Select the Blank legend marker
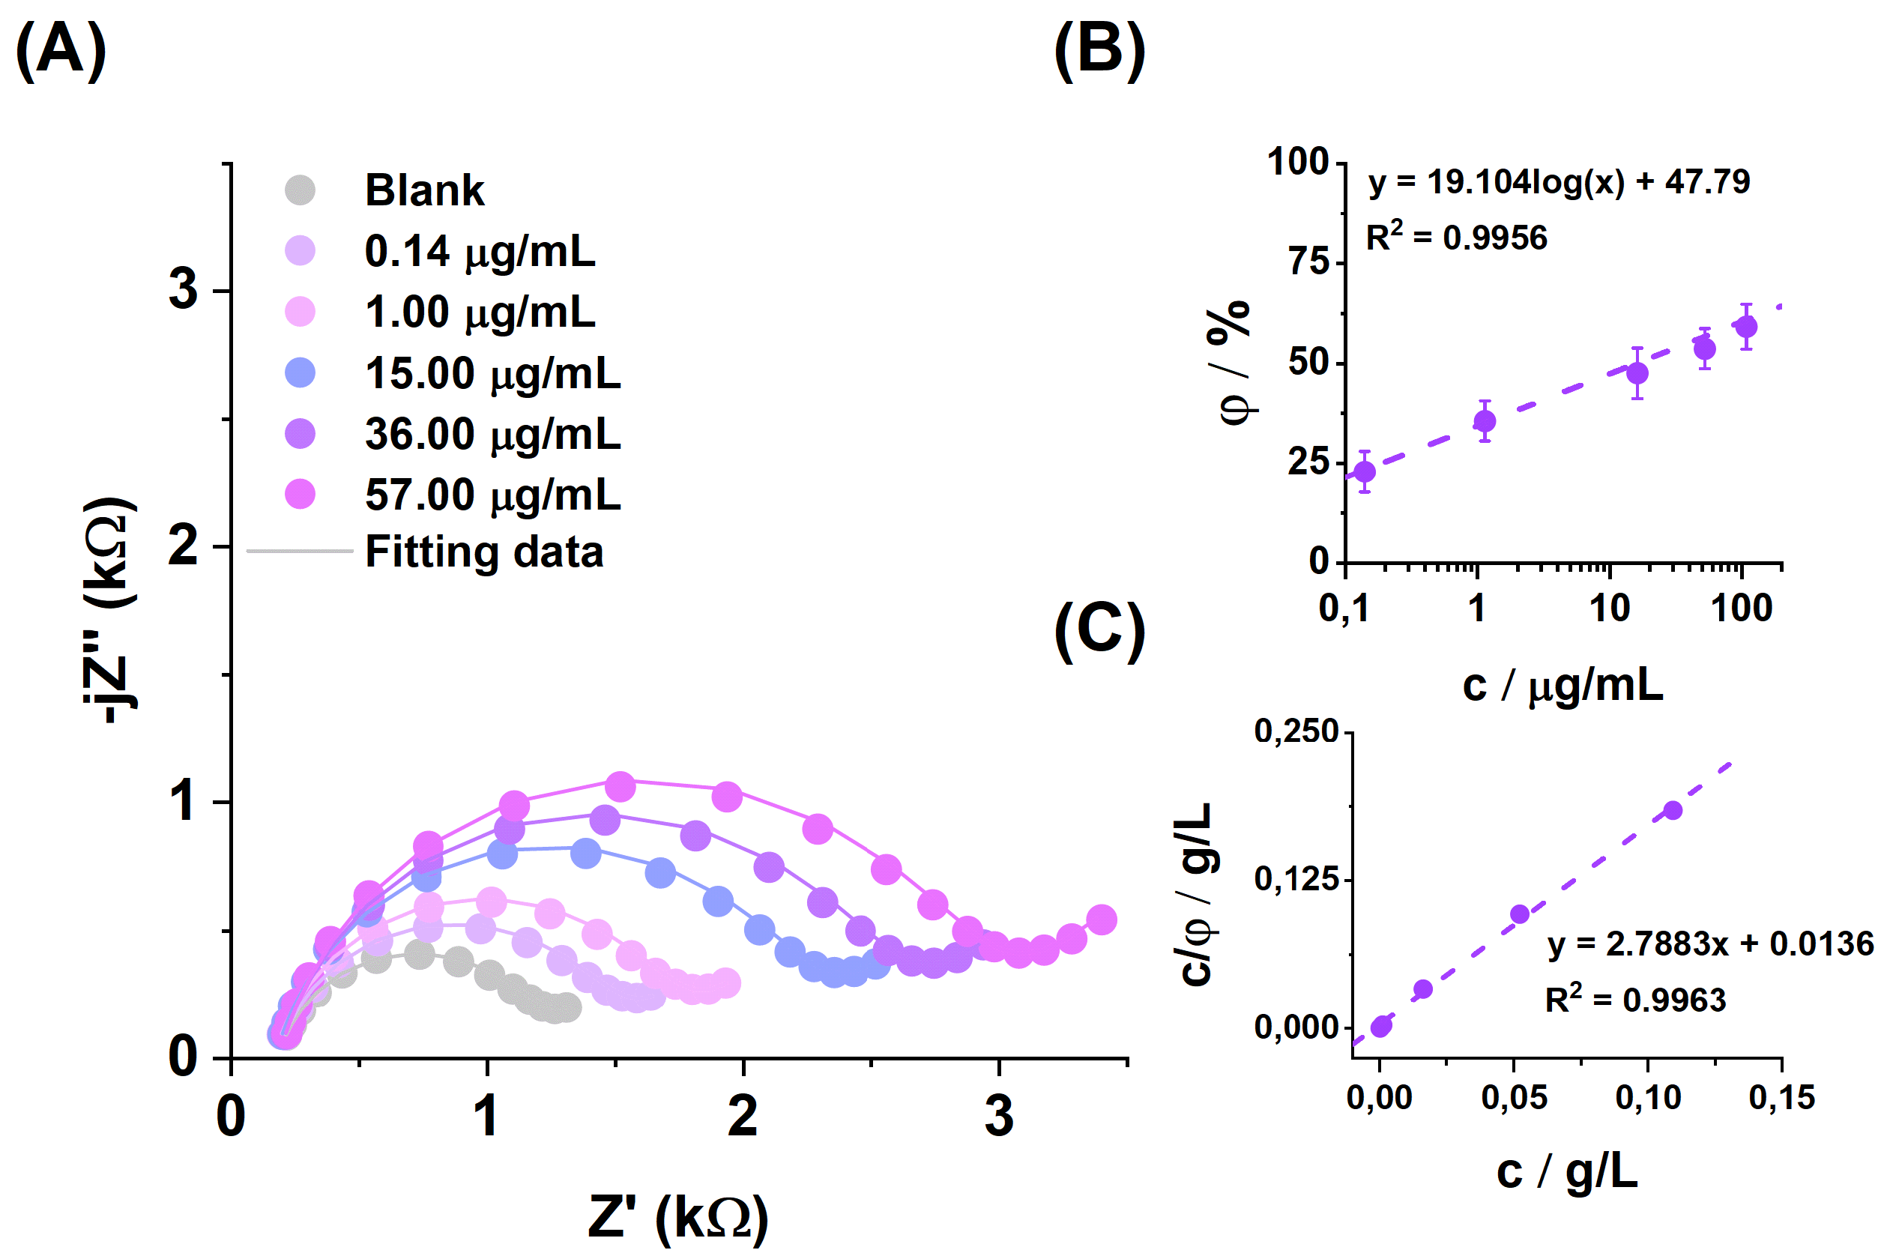pyautogui.click(x=301, y=190)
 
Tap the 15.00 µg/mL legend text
pyautogui.click(x=492, y=373)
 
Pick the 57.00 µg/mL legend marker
pyautogui.click(x=301, y=494)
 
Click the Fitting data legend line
pyautogui.click(x=300, y=551)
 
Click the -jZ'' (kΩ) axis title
pyautogui.click(x=111, y=610)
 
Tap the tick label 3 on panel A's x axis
pyautogui.click(x=998, y=1116)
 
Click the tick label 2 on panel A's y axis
pyautogui.click(x=183, y=546)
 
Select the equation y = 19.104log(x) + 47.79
pyautogui.click(x=1559, y=182)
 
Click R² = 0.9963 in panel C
pyautogui.click(x=1635, y=1000)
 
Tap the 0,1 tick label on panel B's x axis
pyautogui.click(x=1344, y=609)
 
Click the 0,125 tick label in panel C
pyautogui.click(x=1296, y=879)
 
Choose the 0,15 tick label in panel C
pyautogui.click(x=1782, y=1097)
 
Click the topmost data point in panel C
pyautogui.click(x=1673, y=810)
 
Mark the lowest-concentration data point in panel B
pyautogui.click(x=1364, y=471)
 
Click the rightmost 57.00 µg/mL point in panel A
pyautogui.click(x=1101, y=920)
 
